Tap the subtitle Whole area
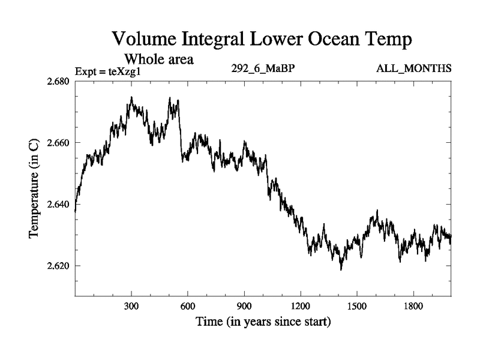158,59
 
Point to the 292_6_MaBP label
262,69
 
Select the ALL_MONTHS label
413,69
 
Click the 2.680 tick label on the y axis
58,82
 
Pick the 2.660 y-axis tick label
58,143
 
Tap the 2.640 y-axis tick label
58,204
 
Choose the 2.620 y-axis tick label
58,265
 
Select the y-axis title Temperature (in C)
35,189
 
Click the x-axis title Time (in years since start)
263,322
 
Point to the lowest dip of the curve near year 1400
341,269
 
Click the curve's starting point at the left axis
76,211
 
